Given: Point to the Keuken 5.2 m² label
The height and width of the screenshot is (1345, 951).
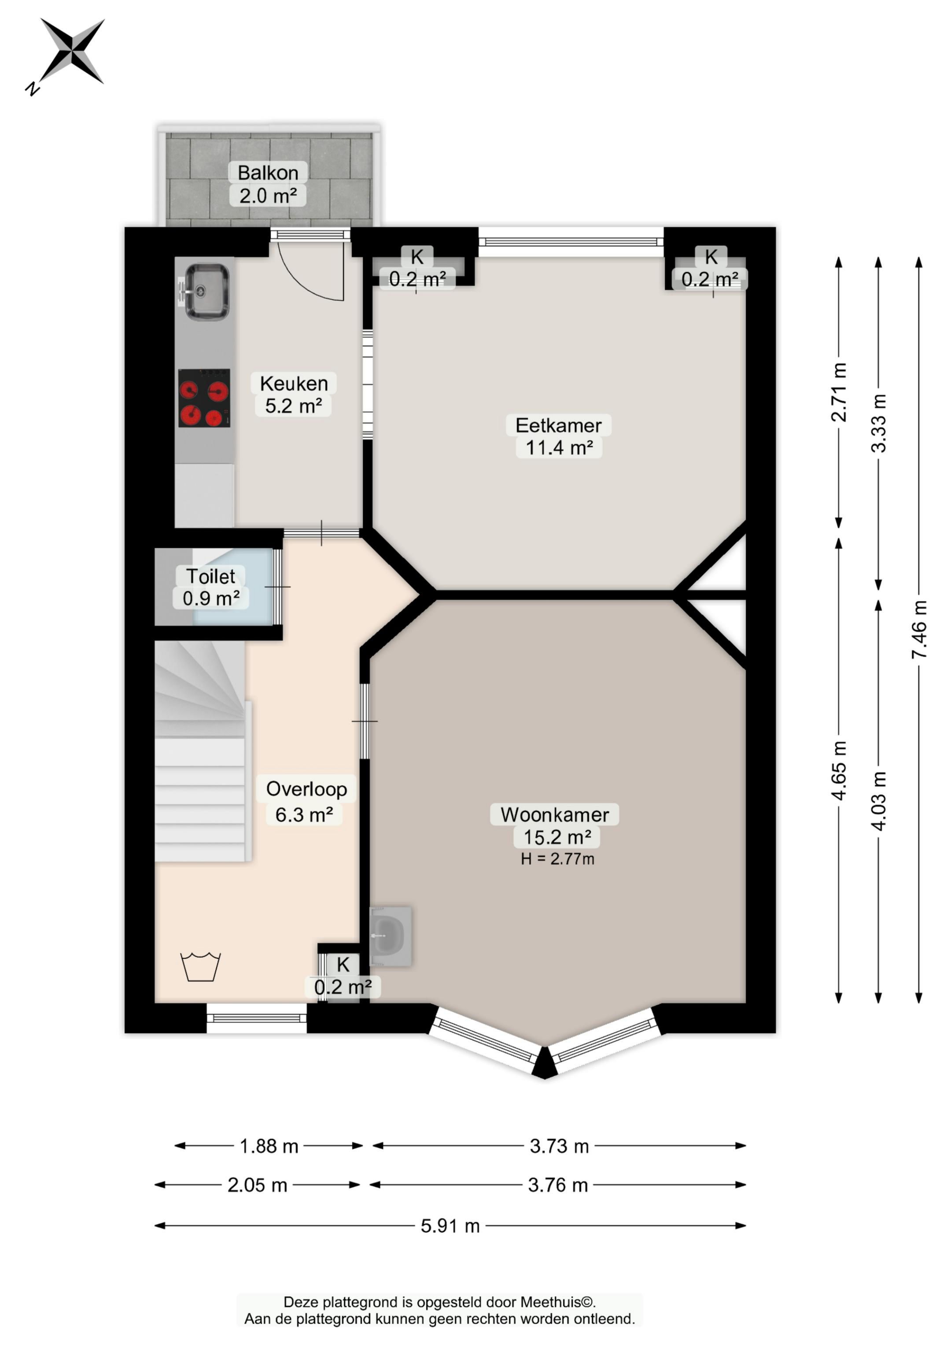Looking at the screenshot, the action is pyautogui.click(x=294, y=394).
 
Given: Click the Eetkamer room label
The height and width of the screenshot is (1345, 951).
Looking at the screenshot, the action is pyautogui.click(x=558, y=436).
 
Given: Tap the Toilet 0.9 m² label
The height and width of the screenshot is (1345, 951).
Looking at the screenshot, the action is pyautogui.click(x=211, y=587).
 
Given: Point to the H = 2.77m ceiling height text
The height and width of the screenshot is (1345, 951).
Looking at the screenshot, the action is pyautogui.click(x=558, y=859).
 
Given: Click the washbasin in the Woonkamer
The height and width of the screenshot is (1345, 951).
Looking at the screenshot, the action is pyautogui.click(x=390, y=936).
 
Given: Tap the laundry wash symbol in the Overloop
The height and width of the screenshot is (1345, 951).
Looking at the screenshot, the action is pyautogui.click(x=200, y=966).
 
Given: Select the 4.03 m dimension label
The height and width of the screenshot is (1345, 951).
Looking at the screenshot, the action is pyautogui.click(x=878, y=800).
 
